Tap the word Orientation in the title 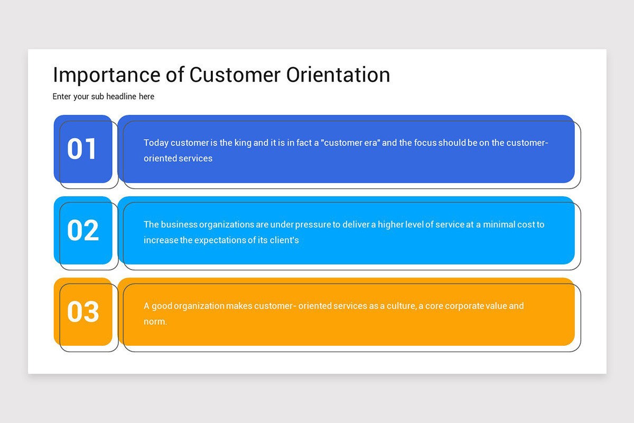[x=338, y=75]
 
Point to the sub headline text [x=104, y=97]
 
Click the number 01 [x=83, y=149]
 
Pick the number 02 [x=83, y=231]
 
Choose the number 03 [x=83, y=312]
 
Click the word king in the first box [x=243, y=143]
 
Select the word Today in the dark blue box [x=156, y=143]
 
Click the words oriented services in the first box [x=178, y=158]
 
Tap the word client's [x=286, y=240]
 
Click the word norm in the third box [x=154, y=321]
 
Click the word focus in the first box [x=427, y=143]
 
